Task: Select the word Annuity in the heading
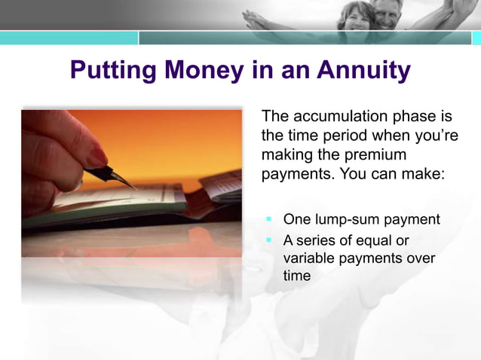pyautogui.click(x=363, y=71)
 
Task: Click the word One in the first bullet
pyautogui.click(x=296, y=220)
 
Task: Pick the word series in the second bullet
pyautogui.click(x=316, y=240)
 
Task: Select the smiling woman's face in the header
pyautogui.click(x=352, y=17)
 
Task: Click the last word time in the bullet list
pyautogui.click(x=296, y=276)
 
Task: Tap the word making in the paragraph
pyautogui.click(x=284, y=154)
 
